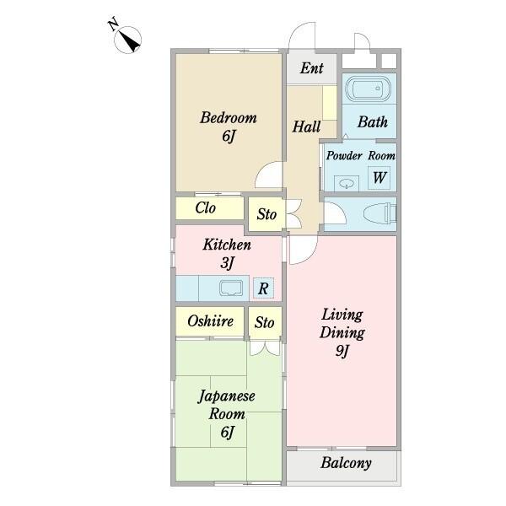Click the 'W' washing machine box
(x=379, y=177)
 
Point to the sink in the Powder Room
(x=344, y=180)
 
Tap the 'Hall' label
(x=305, y=127)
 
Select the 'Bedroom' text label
(x=228, y=118)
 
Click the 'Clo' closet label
(x=205, y=208)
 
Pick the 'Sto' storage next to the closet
(x=266, y=214)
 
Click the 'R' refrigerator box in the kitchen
(x=263, y=288)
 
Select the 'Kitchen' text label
(x=227, y=245)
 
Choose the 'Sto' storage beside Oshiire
(x=265, y=321)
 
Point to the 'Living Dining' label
(x=342, y=323)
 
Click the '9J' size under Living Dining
(x=342, y=352)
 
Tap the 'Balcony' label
(x=346, y=463)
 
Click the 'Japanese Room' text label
(x=227, y=405)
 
